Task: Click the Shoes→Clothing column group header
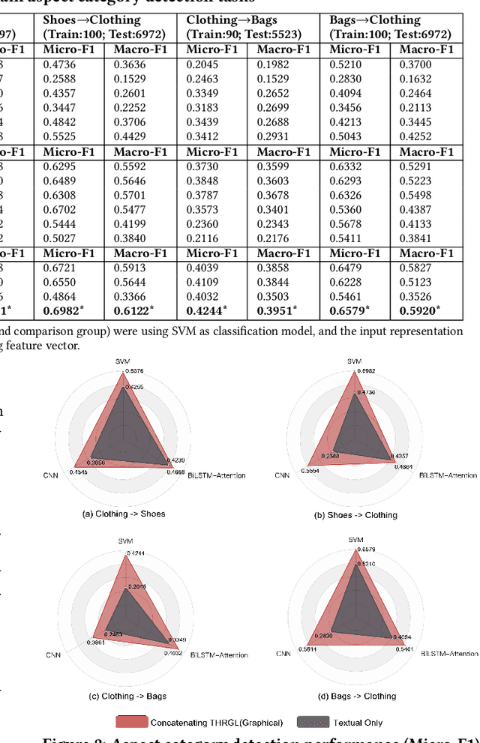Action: click(x=91, y=20)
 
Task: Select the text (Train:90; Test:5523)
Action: click(x=243, y=34)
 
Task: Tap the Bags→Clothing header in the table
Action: click(x=375, y=20)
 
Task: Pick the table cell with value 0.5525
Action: click(x=58, y=136)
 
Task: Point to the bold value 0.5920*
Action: click(x=419, y=310)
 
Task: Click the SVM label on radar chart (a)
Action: click(x=123, y=361)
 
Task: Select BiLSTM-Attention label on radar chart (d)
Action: click(x=442, y=652)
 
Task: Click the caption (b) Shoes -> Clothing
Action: click(x=355, y=514)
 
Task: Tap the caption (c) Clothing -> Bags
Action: click(x=127, y=696)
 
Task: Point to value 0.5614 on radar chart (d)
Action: click(x=309, y=649)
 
